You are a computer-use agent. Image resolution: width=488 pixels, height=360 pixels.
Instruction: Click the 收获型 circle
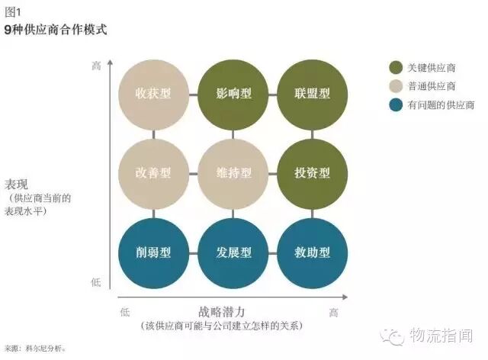[x=152, y=94]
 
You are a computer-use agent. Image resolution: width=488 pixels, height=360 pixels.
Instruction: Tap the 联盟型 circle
[x=313, y=94]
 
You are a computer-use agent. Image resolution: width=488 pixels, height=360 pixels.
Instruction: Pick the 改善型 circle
[x=152, y=173]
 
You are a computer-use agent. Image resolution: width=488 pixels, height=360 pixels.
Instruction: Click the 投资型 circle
[x=313, y=173]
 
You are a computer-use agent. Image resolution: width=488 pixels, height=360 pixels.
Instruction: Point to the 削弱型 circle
[x=152, y=252]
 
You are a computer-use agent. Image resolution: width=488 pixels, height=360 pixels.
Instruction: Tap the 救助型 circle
[x=313, y=252]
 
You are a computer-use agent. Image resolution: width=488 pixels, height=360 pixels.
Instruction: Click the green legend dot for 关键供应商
[x=395, y=67]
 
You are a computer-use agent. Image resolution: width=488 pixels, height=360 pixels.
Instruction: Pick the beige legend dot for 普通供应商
[x=395, y=85]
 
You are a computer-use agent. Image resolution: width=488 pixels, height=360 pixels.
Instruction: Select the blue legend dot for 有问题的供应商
[x=395, y=104]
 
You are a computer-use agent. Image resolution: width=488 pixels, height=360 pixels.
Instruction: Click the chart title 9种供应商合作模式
[x=55, y=31]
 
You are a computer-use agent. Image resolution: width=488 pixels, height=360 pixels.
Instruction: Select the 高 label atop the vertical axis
[x=96, y=66]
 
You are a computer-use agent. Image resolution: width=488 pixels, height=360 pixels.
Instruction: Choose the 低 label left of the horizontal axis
[x=125, y=312]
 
